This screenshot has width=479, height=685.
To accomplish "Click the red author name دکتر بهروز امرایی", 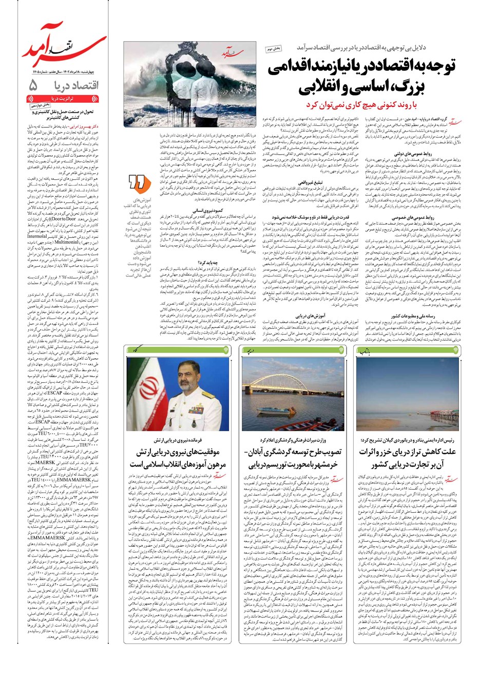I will point(80,125).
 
